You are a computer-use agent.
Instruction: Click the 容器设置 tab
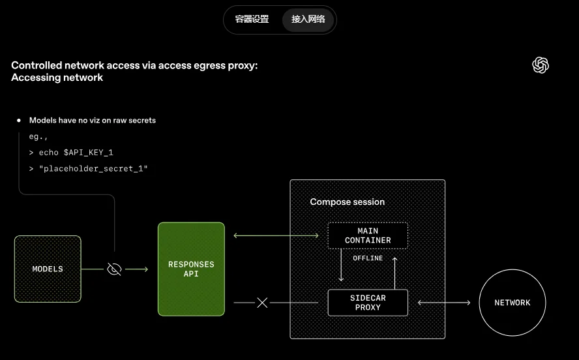(252, 20)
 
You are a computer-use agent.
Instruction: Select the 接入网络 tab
(308, 20)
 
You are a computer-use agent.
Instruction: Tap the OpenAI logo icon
(541, 65)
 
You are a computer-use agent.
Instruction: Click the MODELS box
(48, 269)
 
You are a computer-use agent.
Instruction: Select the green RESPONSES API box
(191, 269)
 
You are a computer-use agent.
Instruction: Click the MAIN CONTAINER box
(368, 235)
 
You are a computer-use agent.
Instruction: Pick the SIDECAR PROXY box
(368, 303)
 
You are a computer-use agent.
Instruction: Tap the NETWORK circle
(512, 303)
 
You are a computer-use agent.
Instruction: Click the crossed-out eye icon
(114, 269)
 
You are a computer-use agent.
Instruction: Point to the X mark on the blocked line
(262, 303)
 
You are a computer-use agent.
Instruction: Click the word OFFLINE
(368, 258)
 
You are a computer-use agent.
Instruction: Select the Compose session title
(347, 202)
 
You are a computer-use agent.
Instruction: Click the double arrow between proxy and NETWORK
(444, 303)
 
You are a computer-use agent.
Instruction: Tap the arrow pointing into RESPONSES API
(136, 269)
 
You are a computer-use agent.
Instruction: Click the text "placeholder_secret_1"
(93, 169)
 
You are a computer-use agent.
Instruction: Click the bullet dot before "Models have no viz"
(19, 121)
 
